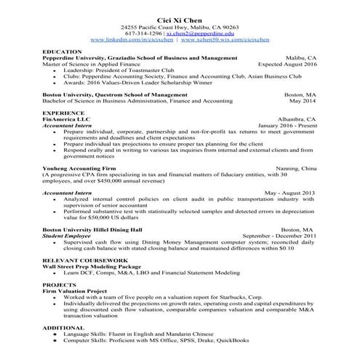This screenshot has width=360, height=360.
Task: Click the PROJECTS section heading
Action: [x=59, y=285]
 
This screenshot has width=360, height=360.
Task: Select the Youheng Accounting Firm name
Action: [x=85, y=168]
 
